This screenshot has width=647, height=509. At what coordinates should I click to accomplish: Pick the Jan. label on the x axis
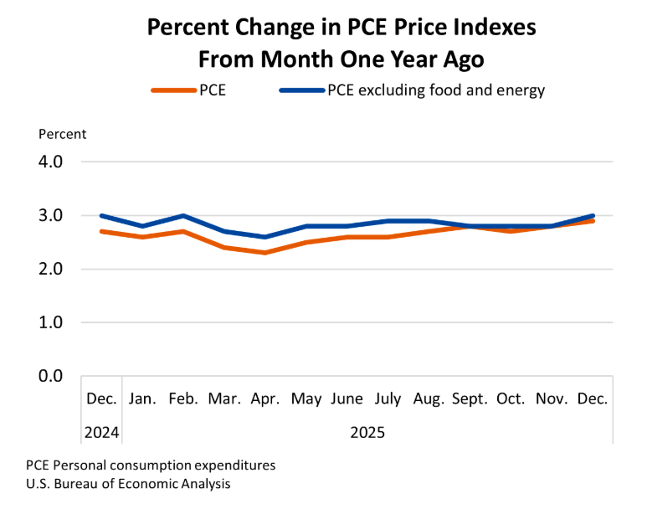point(142,399)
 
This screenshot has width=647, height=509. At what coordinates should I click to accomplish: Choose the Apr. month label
point(265,399)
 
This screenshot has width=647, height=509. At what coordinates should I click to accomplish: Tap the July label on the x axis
point(388,399)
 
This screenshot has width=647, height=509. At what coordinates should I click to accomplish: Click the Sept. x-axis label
point(470,399)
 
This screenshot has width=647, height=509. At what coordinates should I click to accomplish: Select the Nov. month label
point(552,399)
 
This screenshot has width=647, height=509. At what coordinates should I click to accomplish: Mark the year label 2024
point(101,433)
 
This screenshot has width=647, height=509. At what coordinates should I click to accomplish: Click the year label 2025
point(367,433)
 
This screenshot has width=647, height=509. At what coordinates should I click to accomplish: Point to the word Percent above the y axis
point(62,134)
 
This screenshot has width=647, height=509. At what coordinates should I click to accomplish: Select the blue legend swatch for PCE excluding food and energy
point(300,90)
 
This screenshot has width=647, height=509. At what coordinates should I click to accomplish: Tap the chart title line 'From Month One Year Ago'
point(341,59)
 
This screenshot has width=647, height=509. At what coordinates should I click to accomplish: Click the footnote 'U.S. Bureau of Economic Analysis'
point(128,484)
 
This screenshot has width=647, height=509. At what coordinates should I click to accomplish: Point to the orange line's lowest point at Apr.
point(265,253)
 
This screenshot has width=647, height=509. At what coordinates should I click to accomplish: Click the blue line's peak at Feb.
point(183,215)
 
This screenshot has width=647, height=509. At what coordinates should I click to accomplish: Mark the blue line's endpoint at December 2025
point(593,215)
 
